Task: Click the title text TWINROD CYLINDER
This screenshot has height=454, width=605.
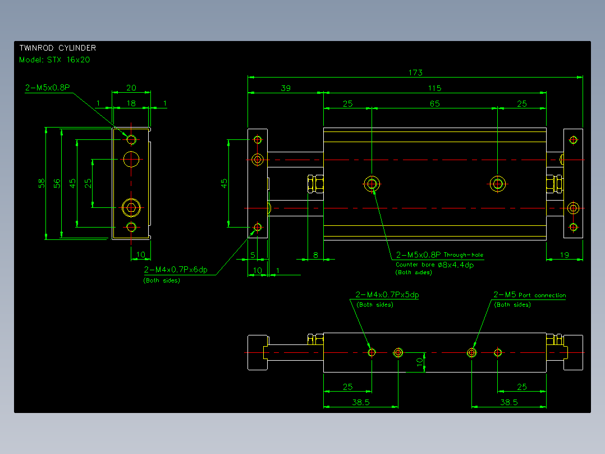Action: tap(58, 48)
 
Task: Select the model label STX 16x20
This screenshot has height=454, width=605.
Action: tap(68, 60)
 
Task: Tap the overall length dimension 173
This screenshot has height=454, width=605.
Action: tap(415, 72)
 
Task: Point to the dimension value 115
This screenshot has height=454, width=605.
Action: tap(434, 88)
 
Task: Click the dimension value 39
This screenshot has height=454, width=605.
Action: tap(286, 88)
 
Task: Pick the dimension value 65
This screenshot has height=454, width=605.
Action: tap(435, 103)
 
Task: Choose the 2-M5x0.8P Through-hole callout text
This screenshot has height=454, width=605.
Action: tap(439, 255)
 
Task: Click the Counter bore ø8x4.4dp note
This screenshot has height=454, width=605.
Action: tap(434, 265)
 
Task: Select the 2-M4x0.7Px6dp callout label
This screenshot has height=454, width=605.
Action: tap(176, 270)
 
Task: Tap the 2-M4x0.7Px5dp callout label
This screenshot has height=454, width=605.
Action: tap(387, 295)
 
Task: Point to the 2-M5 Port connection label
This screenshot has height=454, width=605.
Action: tap(530, 295)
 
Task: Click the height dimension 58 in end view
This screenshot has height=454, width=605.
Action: tap(42, 183)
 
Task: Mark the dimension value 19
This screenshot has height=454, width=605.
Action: tap(565, 255)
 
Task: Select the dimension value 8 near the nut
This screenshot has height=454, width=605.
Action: tap(315, 255)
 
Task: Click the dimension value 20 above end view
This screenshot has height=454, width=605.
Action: tap(131, 88)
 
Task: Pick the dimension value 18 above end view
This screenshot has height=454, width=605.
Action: tap(131, 103)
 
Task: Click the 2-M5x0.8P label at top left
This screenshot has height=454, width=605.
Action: tap(48, 88)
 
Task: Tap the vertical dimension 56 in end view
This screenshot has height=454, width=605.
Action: tap(57, 183)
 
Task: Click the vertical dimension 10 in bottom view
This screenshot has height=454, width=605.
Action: tap(420, 362)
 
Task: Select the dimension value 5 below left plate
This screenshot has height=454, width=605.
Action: tap(253, 255)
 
